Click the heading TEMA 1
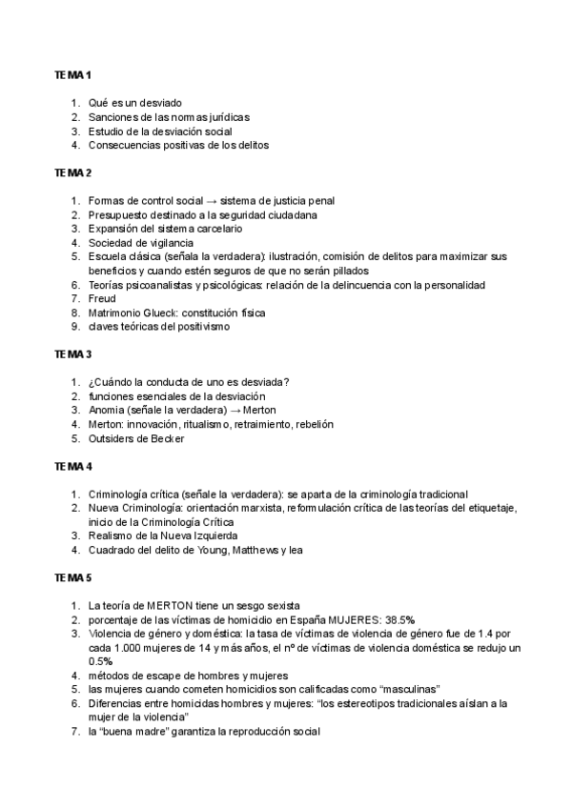click(x=72, y=74)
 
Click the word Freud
click(x=102, y=299)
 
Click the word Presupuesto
click(x=119, y=215)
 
